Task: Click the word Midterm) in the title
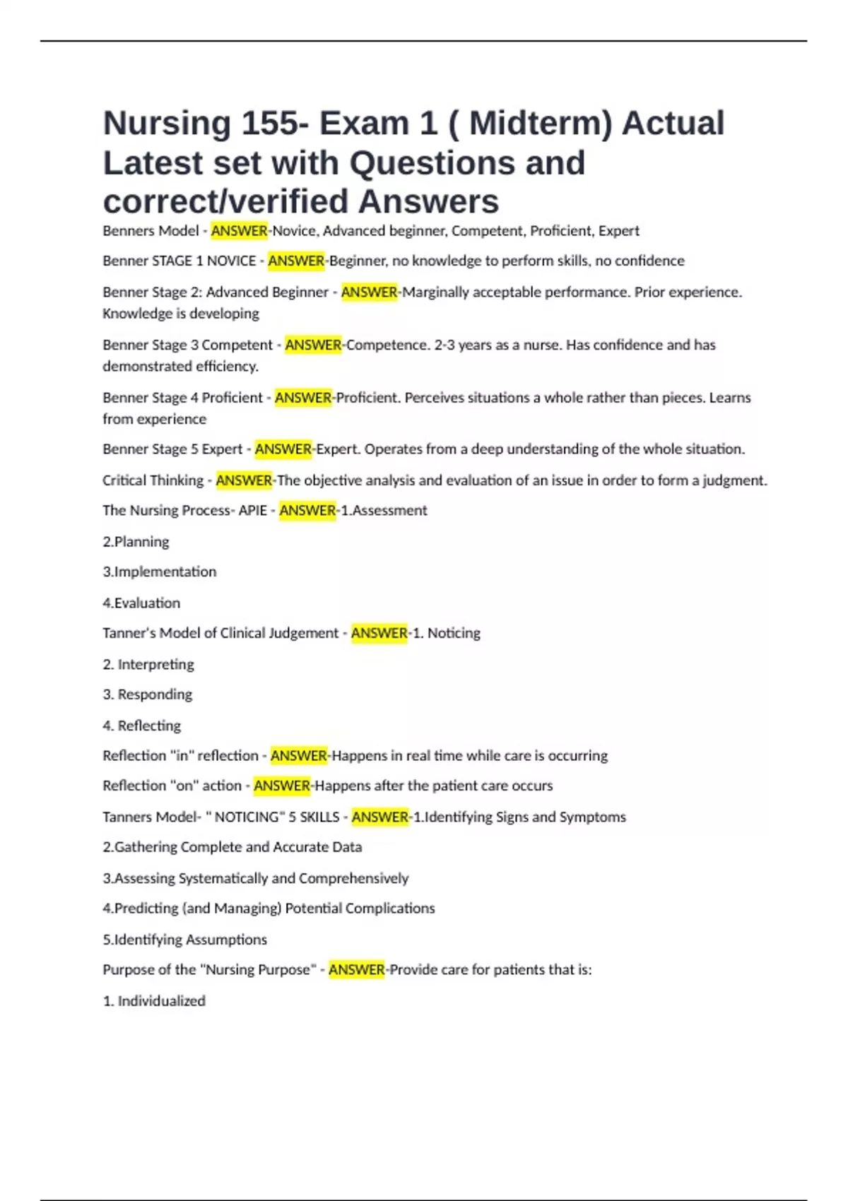coord(541,124)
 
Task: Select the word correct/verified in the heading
coord(225,201)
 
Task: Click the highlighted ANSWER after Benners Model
coord(239,231)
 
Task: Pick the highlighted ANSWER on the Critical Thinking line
coord(244,480)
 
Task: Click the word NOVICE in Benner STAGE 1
coord(231,261)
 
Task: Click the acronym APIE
coord(252,510)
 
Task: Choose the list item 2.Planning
coord(136,542)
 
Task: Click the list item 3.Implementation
coord(159,572)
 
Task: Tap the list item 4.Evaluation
coord(141,603)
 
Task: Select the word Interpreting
coord(155,664)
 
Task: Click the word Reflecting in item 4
coord(149,726)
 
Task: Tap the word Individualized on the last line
coord(161,1001)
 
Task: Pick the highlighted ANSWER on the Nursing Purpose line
coord(356,969)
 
